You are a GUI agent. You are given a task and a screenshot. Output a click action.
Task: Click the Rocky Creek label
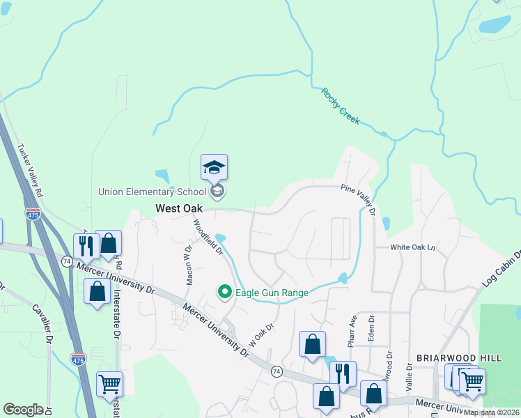click(340, 105)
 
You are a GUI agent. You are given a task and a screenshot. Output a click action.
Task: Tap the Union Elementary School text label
click(153, 192)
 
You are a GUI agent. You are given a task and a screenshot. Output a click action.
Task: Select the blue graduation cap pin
click(214, 167)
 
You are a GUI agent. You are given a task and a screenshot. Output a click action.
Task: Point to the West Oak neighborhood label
click(179, 208)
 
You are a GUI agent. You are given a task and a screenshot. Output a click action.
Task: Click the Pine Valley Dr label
click(359, 199)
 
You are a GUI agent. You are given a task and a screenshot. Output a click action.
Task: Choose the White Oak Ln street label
click(412, 247)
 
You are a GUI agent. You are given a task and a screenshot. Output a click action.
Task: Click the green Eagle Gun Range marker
click(224, 293)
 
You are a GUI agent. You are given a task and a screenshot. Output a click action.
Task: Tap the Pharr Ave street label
click(352, 329)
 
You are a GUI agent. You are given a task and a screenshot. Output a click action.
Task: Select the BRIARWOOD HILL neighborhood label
click(458, 357)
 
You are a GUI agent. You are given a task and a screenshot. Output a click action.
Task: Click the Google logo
click(23, 410)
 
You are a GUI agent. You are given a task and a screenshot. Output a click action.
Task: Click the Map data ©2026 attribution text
click(492, 412)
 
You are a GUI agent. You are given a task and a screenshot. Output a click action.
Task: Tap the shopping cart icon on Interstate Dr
click(110, 383)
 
